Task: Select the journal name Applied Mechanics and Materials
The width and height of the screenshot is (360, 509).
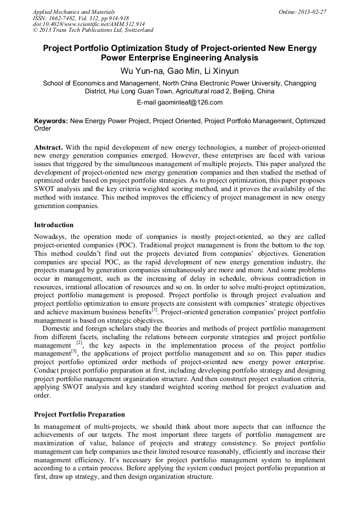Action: (74, 11)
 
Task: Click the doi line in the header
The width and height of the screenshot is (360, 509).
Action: (89, 24)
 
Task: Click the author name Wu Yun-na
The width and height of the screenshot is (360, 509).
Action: (141, 71)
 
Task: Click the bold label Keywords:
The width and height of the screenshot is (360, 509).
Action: (51, 121)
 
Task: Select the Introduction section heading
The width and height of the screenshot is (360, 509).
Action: (54, 225)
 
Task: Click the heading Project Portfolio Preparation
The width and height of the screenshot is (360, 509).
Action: (80, 414)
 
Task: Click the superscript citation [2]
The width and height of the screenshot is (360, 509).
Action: (79, 343)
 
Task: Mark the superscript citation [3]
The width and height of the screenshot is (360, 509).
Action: (74, 351)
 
